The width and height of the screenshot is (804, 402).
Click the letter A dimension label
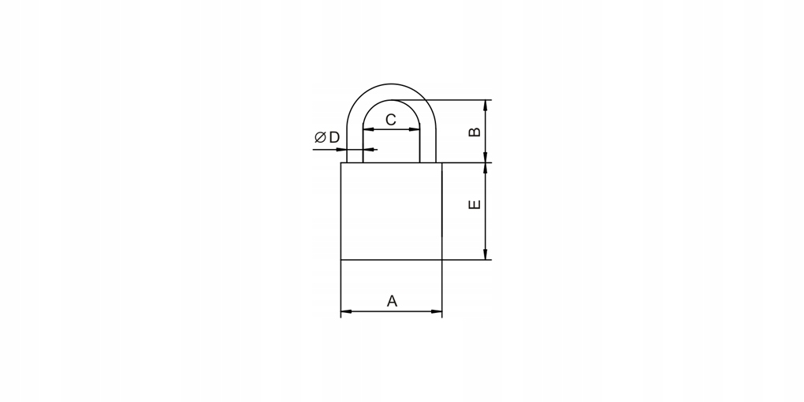392,301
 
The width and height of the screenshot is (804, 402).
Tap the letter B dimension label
475,132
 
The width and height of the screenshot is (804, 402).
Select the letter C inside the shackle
391,120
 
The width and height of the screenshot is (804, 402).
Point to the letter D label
334,137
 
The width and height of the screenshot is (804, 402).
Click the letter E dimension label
475,204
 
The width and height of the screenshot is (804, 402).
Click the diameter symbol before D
321,137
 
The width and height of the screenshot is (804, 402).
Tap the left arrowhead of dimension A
346,311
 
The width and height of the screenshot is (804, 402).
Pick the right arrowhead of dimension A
437,311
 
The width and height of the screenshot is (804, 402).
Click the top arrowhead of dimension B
486,105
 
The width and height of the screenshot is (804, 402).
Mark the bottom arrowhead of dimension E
486,255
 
